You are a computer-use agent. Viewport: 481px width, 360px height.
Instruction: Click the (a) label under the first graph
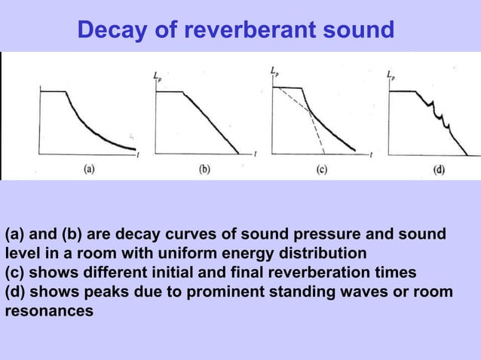89,169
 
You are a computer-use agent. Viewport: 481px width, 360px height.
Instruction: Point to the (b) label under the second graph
204,169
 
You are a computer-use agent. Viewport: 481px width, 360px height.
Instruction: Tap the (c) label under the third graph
321,169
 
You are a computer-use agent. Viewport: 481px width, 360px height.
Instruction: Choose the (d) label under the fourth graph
438,169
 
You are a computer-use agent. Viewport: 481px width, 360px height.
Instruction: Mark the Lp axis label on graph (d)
391,75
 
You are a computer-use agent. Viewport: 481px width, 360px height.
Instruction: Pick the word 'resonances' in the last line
50,310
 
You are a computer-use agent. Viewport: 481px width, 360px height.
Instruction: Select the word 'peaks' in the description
112,291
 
